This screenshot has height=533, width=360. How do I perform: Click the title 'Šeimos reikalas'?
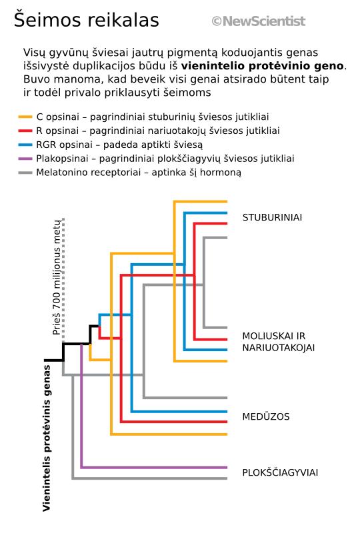tap(87, 20)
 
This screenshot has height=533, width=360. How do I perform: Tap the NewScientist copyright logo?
tap(258, 21)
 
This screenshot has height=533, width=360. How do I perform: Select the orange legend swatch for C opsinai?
tap(25, 117)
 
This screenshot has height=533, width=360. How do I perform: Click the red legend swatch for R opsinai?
tap(25, 131)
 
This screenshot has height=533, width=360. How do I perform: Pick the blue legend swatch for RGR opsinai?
tap(25, 145)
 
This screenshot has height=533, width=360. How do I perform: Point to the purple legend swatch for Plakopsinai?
tap(25, 159)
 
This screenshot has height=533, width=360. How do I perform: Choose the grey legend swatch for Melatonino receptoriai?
tap(25, 173)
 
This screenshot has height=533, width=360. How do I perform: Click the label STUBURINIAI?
tap(272, 218)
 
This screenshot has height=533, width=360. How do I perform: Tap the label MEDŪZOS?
tap(266, 416)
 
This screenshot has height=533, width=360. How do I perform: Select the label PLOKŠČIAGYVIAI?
tap(280, 472)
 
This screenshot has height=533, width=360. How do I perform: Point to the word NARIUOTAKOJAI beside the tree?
tap(279, 348)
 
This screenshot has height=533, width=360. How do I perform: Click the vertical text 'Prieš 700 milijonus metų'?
tap(57, 277)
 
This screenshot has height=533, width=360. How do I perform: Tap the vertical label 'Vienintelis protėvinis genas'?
tap(47, 438)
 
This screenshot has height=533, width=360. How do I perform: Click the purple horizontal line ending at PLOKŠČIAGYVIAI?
tap(154, 468)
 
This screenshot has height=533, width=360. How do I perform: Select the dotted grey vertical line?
tap(63, 280)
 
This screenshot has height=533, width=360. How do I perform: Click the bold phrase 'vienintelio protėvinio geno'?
tap(263, 66)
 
